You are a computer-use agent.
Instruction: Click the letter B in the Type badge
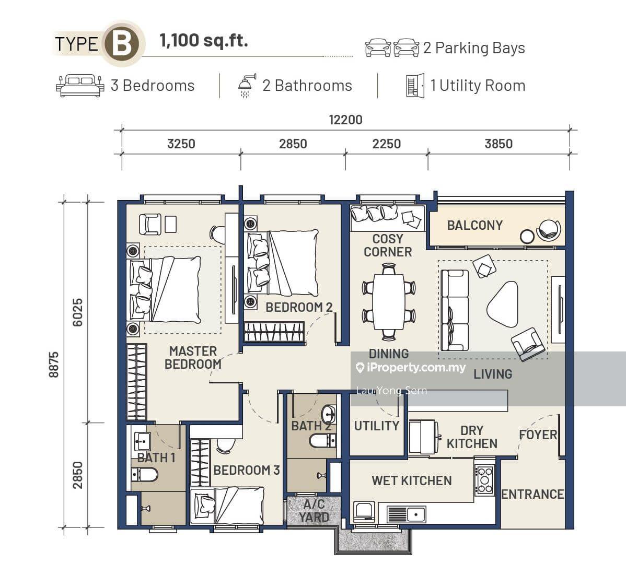coord(121,43)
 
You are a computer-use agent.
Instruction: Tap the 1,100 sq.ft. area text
coord(204,41)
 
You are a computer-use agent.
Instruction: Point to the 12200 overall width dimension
coord(345,120)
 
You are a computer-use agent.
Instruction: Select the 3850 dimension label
coord(499,144)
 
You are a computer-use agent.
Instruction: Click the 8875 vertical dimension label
coord(53,365)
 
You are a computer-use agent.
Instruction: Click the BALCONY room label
coord(474,226)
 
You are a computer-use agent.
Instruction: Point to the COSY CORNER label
coord(388,245)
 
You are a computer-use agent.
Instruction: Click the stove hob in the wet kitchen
coord(485,480)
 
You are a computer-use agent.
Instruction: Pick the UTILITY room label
coord(376,426)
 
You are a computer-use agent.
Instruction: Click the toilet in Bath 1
coord(145,475)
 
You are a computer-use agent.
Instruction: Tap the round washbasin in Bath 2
coord(329,415)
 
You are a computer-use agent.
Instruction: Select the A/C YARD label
coord(314,511)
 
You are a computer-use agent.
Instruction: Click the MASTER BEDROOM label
coord(193,358)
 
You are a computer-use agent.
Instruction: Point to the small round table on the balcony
coord(527,237)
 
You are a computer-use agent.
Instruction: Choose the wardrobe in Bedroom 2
coord(274,332)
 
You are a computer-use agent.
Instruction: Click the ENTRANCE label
coord(532,494)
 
